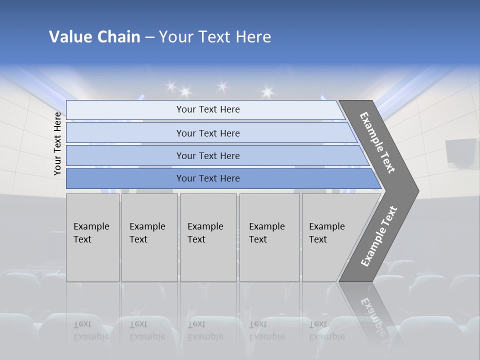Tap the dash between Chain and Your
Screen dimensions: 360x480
(x=149, y=37)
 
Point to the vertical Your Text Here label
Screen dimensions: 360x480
(x=57, y=143)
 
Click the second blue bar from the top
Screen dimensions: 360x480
(x=208, y=133)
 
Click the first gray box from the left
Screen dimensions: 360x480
(x=92, y=237)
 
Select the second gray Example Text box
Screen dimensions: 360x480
(x=149, y=237)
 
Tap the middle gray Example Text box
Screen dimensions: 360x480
(x=208, y=237)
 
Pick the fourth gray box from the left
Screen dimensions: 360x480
(x=269, y=237)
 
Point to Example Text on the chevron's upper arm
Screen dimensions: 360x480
(x=377, y=142)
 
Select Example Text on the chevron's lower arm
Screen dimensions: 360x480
(x=379, y=236)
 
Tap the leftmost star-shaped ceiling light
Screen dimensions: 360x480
(x=170, y=86)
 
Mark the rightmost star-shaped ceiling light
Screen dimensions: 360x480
(x=267, y=92)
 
